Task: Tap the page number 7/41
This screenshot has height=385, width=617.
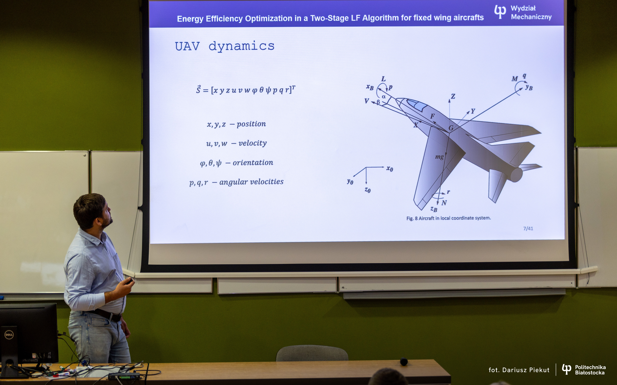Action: (x=528, y=228)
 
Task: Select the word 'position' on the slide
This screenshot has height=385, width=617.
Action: (x=251, y=124)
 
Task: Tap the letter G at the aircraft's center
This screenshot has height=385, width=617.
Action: (x=451, y=128)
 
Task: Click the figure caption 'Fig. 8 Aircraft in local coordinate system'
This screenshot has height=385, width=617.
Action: (x=448, y=218)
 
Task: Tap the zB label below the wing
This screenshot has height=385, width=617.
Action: (x=434, y=209)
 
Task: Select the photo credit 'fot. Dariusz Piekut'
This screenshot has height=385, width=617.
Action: (x=519, y=370)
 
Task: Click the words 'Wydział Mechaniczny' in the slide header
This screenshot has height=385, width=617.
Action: (x=531, y=13)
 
